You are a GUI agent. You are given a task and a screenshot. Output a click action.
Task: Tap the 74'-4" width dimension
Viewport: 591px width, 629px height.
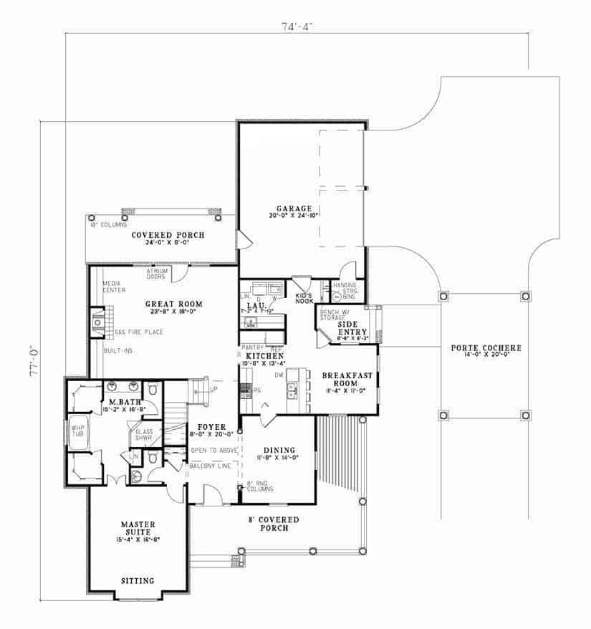[x=297, y=27]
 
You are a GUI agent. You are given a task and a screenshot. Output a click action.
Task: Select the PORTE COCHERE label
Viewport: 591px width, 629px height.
[x=486, y=348]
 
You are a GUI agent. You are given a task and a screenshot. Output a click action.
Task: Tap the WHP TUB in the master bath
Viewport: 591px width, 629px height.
[x=77, y=432]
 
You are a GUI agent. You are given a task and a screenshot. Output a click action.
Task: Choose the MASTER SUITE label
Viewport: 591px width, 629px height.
[x=138, y=524]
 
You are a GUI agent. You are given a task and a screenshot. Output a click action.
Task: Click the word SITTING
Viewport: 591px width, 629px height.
[x=137, y=580]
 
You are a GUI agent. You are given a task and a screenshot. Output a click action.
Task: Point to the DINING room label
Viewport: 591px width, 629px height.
[x=277, y=450]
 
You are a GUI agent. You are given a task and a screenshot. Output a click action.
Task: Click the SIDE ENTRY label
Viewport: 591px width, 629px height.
[x=352, y=328]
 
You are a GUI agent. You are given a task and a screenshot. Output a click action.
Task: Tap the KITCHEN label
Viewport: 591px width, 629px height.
[x=264, y=355]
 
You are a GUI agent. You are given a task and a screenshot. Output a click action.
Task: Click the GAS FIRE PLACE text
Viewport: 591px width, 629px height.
[x=138, y=332]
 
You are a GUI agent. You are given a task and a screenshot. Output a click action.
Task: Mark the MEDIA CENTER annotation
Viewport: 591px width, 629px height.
[x=114, y=287]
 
